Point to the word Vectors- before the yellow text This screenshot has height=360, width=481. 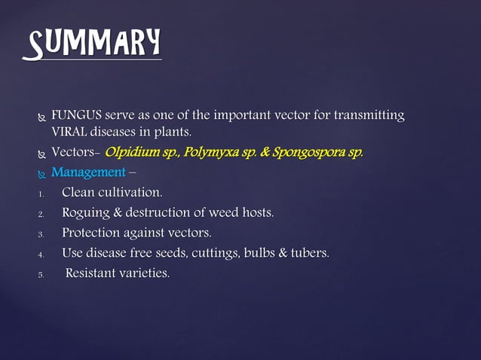pyautogui.click(x=76, y=153)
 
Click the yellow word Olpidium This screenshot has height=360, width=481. pyautogui.click(x=133, y=153)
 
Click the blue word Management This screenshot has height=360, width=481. pyautogui.click(x=87, y=173)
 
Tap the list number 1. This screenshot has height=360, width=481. pyautogui.click(x=41, y=194)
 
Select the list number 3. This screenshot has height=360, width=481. pyautogui.click(x=41, y=233)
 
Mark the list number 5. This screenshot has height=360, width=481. pyautogui.click(x=41, y=273)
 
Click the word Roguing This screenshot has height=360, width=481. pyautogui.click(x=87, y=213)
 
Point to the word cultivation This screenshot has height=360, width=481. pyautogui.click(x=131, y=193)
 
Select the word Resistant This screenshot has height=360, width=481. pyautogui.click(x=93, y=272)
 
